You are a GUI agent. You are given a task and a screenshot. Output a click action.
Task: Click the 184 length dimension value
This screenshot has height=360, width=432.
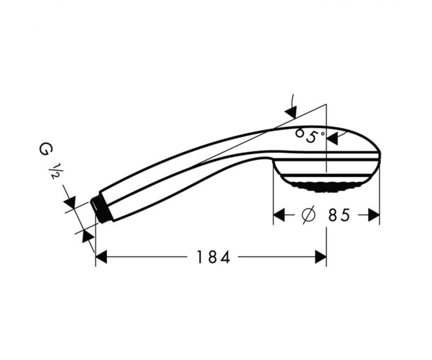click(x=213, y=257)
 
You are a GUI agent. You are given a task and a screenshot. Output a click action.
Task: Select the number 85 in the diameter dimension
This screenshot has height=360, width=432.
click(x=339, y=215)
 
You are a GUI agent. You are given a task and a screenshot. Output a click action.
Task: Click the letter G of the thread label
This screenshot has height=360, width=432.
click(x=45, y=150)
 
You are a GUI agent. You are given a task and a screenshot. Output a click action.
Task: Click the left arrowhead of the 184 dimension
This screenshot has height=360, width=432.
click(x=102, y=257)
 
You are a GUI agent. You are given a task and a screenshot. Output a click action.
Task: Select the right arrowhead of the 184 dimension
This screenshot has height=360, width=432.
click(x=321, y=257)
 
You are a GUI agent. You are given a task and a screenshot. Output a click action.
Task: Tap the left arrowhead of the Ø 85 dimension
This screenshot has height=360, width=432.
click(x=279, y=215)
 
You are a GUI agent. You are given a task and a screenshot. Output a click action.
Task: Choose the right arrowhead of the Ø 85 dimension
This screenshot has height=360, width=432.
click(x=374, y=215)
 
